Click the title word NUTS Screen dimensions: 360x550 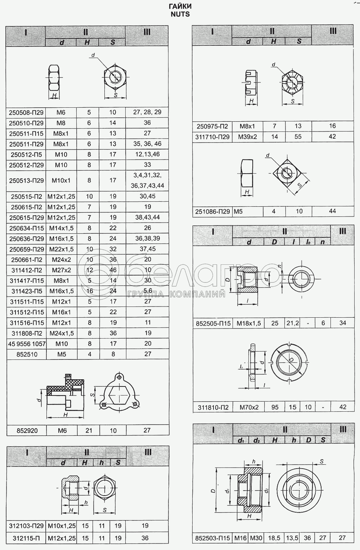pyautogui.click(x=180, y=14)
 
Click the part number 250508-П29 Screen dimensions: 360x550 pyautogui.click(x=26, y=113)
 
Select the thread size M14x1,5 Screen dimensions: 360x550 pyautogui.click(x=61, y=228)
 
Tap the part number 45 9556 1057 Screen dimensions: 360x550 pyautogui.click(x=27, y=344)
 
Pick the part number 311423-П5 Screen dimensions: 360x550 pyautogui.click(x=27, y=291)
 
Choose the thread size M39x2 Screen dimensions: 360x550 pyautogui.click(x=247, y=137)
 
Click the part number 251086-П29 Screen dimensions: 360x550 pyautogui.click(x=212, y=211)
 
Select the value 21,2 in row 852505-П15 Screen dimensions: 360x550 pyautogui.click(x=293, y=323)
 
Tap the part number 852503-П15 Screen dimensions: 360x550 pyautogui.click(x=212, y=538)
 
